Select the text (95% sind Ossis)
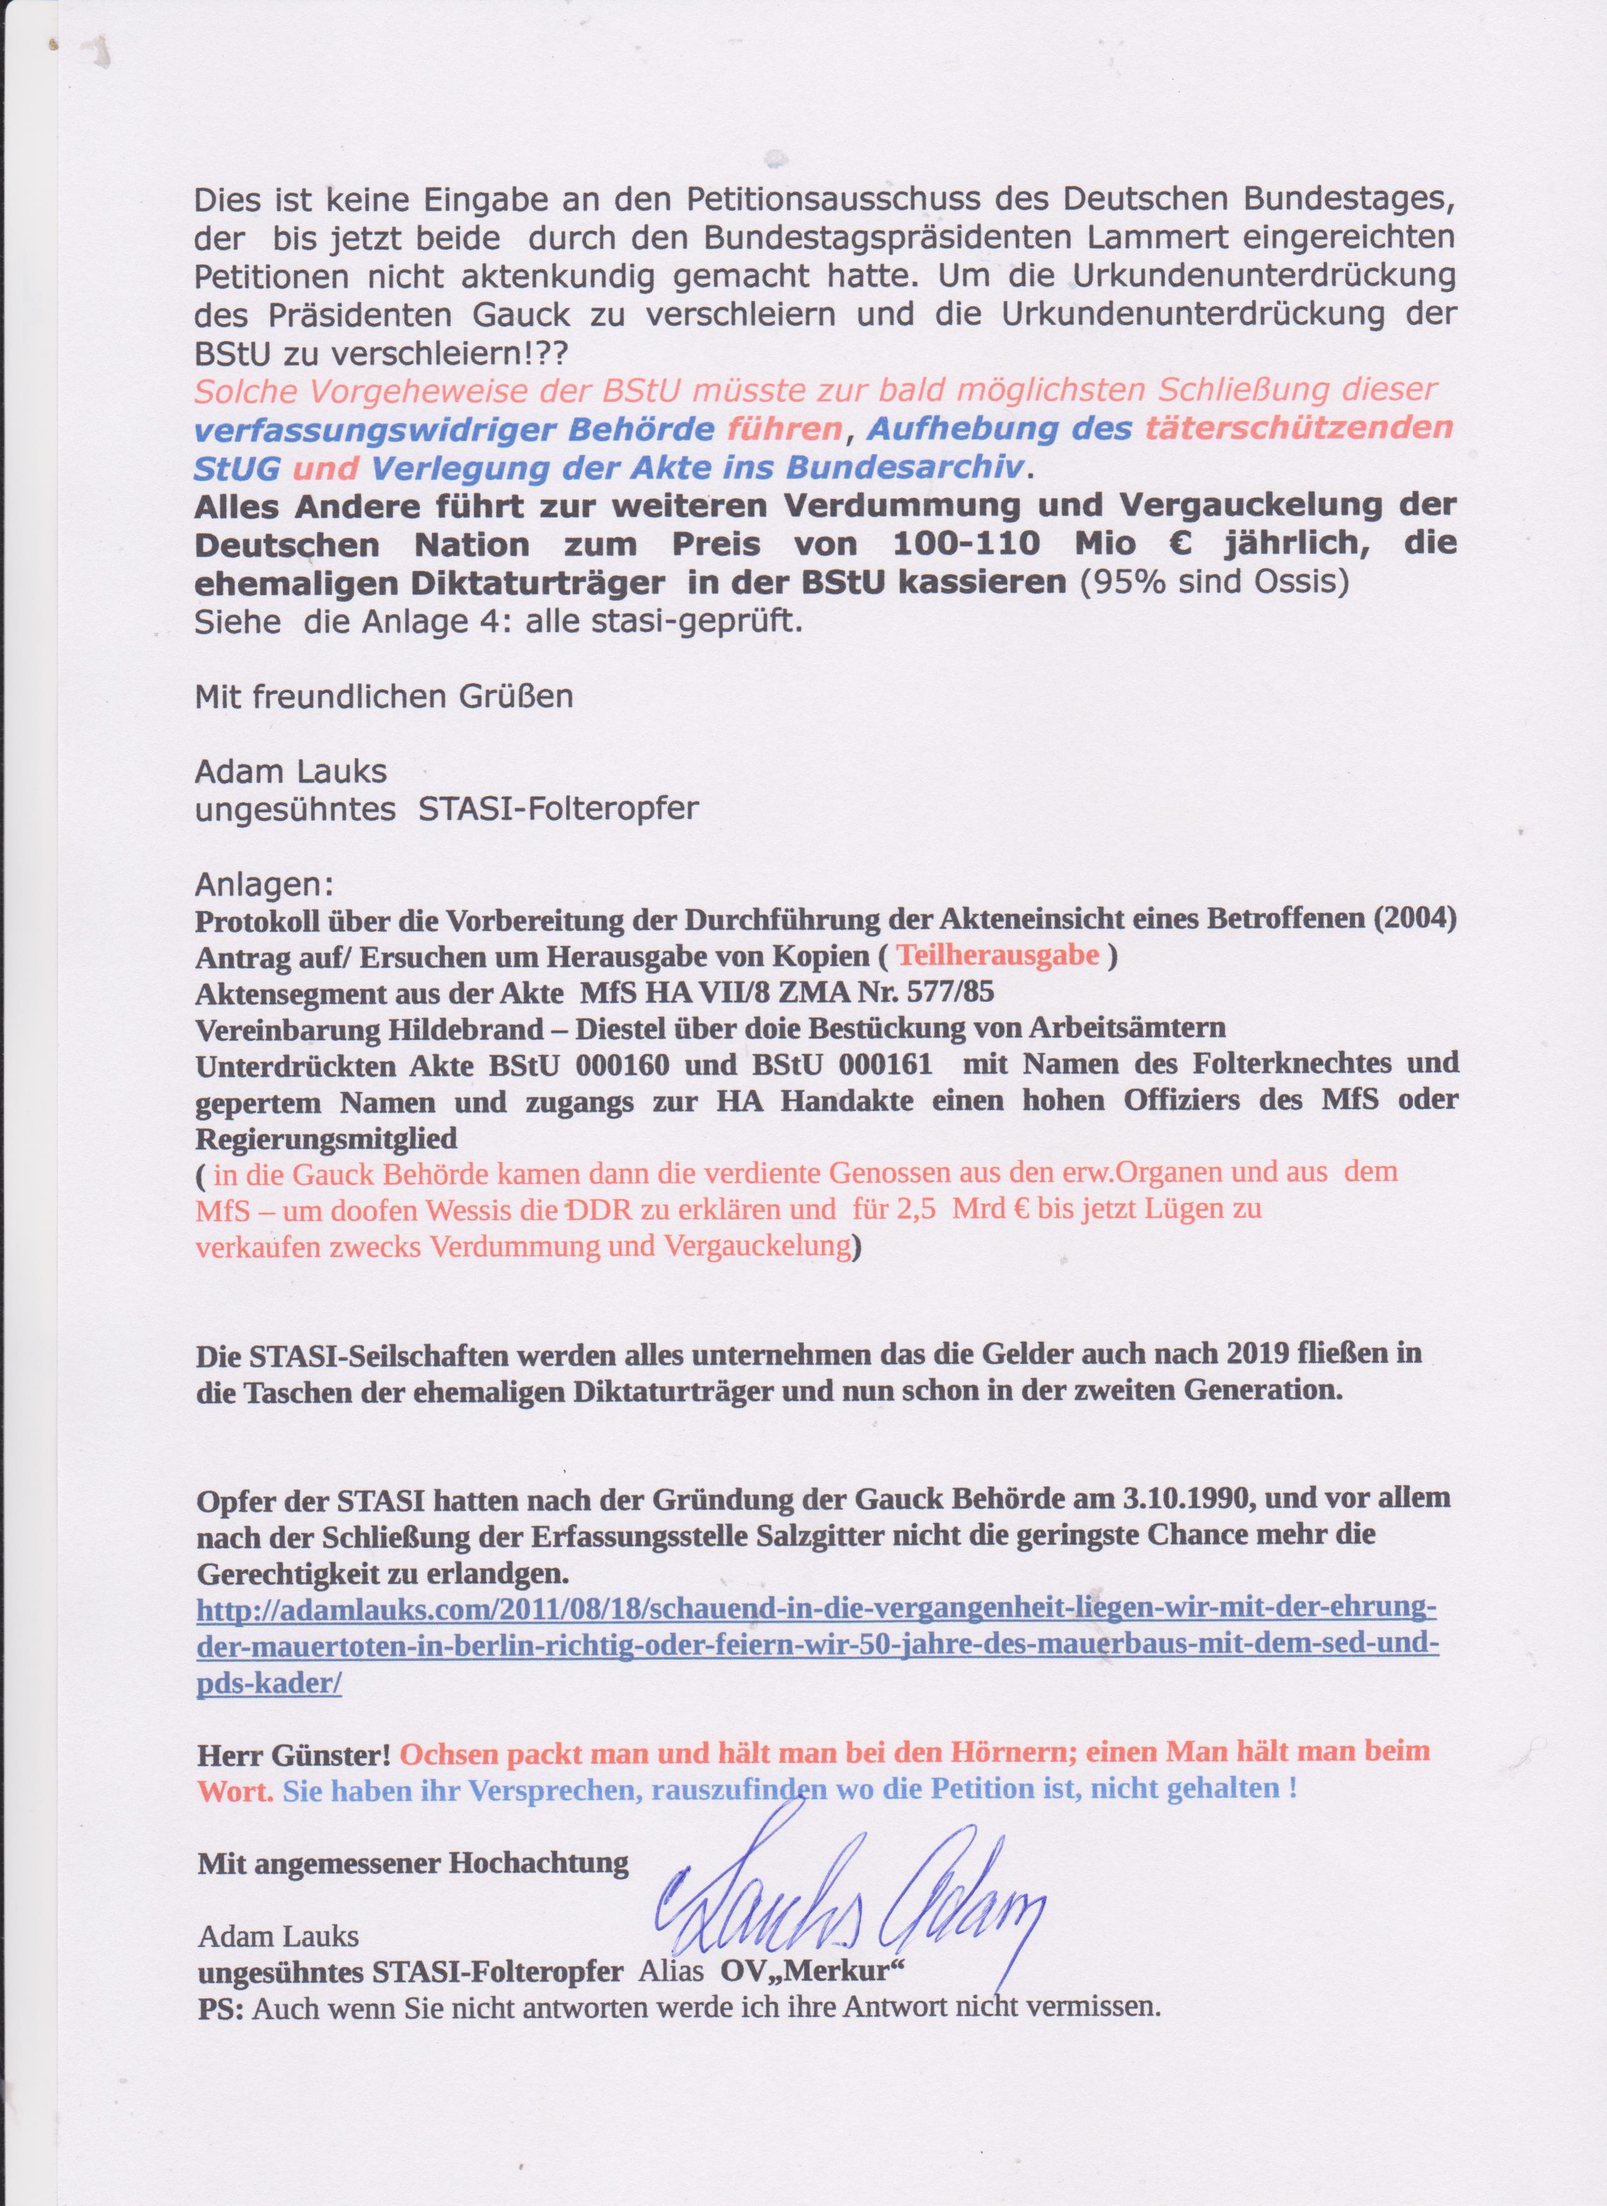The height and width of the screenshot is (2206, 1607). click(1214, 583)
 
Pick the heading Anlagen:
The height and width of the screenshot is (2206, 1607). click(263, 885)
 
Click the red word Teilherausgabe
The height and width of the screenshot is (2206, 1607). click(998, 955)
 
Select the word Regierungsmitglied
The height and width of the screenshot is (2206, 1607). click(327, 1138)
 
